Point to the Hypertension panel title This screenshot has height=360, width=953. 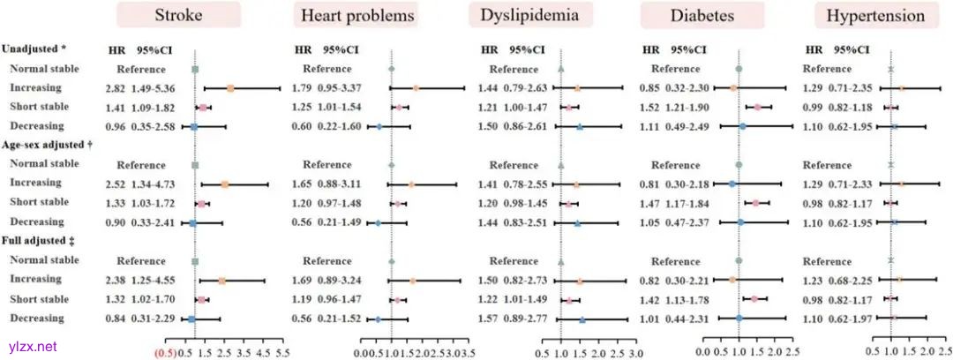[x=875, y=16]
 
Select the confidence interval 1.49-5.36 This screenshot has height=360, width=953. [x=154, y=88]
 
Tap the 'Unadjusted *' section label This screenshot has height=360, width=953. [x=35, y=49]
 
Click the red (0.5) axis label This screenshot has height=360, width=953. [x=166, y=351]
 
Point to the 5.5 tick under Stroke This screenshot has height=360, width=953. [x=282, y=351]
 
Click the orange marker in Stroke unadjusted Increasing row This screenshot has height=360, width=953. [x=230, y=88]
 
